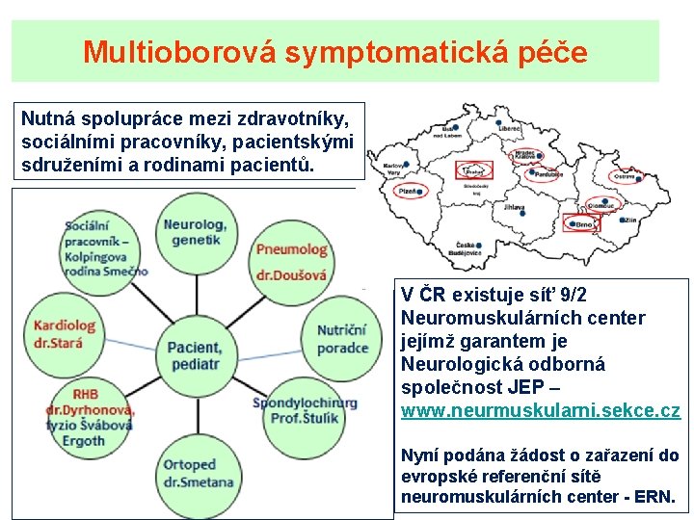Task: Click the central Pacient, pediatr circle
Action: coord(193,355)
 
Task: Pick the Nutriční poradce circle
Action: coord(342,339)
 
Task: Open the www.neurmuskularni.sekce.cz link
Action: coord(540,410)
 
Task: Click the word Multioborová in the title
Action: coord(182,52)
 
